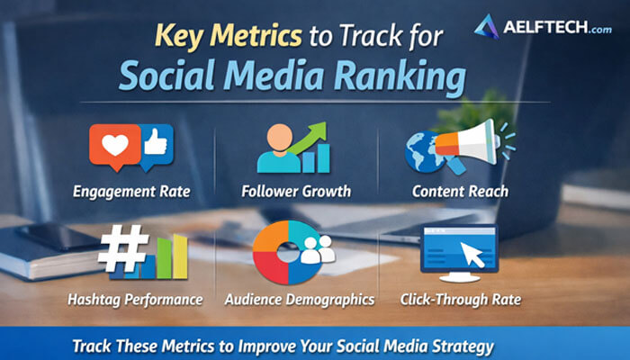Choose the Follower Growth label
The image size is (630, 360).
296,191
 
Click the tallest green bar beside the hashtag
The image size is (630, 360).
180,256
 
